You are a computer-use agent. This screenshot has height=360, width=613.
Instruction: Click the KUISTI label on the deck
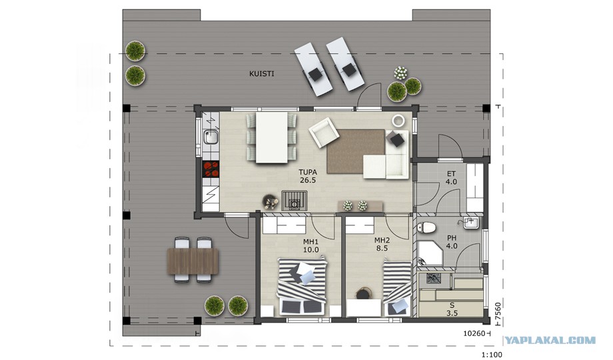click(262, 73)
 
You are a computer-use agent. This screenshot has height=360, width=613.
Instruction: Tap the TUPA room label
click(308, 172)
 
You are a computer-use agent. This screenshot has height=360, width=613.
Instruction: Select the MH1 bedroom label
click(310, 241)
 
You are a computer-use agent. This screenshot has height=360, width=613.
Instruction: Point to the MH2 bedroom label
click(382, 240)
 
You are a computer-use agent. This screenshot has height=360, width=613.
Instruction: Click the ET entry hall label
click(451, 174)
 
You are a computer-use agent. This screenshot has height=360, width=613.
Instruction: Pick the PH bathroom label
click(452, 238)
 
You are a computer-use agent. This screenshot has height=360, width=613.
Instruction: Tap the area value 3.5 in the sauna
click(452, 313)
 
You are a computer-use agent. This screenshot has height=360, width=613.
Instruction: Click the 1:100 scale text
click(492, 355)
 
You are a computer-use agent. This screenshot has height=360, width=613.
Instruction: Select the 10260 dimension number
click(474, 333)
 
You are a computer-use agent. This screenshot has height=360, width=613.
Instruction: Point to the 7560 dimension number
click(498, 312)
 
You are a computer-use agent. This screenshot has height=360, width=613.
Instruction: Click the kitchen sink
click(211, 137)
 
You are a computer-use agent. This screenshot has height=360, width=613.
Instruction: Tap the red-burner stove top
click(211, 170)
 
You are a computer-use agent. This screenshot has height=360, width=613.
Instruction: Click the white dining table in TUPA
click(272, 137)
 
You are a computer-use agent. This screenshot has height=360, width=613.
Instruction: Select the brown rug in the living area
click(356, 151)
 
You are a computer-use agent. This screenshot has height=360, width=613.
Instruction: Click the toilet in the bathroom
click(426, 227)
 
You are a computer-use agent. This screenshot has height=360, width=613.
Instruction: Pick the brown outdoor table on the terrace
click(193, 261)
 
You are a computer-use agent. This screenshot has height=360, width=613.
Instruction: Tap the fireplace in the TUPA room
click(294, 201)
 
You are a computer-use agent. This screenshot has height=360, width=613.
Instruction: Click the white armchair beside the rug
click(324, 133)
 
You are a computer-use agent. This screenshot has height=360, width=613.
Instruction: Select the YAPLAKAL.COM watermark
click(550, 341)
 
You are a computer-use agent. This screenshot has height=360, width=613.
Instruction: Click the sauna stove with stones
click(434, 279)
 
